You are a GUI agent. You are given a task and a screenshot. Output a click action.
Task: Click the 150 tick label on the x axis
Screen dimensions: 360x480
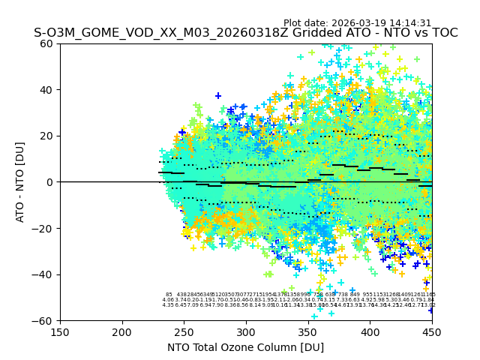60,332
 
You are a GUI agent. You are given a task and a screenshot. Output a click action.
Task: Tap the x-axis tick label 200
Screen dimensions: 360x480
122,332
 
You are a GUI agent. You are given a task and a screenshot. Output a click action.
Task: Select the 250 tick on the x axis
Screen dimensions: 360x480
184,332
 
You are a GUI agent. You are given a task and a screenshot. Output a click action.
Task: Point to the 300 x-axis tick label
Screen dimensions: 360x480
246,332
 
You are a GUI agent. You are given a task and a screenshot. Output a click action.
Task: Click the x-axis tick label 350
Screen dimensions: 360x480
308,332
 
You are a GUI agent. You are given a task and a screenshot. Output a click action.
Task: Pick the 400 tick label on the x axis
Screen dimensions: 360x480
370,332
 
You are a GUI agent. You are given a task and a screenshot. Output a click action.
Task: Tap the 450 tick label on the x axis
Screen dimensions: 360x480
432,332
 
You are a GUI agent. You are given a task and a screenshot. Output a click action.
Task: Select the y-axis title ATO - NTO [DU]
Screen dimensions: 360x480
20,182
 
